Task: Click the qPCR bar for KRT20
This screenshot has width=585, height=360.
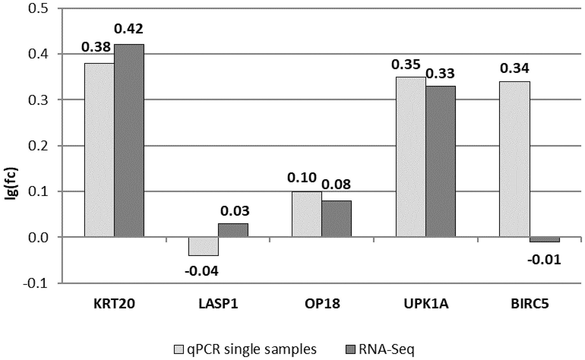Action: tap(99, 150)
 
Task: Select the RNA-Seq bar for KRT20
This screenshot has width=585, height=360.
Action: tap(129, 140)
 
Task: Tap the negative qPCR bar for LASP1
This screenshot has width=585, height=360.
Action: tap(203, 246)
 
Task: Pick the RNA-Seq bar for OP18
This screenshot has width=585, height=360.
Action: tap(336, 218)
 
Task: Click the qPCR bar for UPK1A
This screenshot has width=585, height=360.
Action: tap(411, 157)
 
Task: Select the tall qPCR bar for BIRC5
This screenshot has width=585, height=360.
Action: tap(515, 159)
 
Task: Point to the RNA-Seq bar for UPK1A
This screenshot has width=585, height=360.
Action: tap(441, 161)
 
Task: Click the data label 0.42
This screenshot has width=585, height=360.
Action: tap(128, 29)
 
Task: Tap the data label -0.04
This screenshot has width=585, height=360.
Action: tap(202, 271)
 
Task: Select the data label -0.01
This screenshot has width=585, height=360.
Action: tap(544, 260)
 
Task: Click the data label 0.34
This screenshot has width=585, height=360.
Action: tap(515, 68)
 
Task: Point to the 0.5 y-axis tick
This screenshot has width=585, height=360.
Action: tap(38, 8)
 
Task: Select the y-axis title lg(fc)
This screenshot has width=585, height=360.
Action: tap(12, 184)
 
